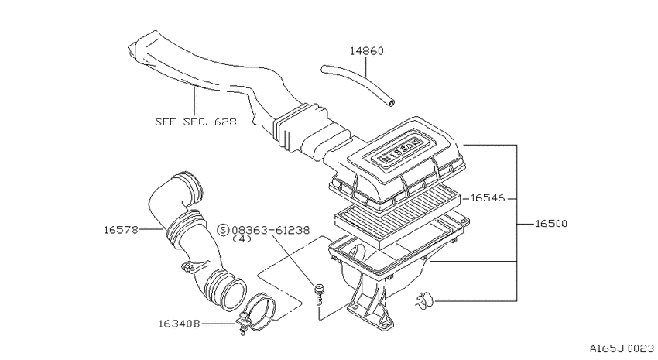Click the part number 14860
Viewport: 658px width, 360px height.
[367, 51]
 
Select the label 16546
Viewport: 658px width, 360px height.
[487, 197]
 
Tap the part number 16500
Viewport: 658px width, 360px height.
[551, 224]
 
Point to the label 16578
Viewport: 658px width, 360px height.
[121, 229]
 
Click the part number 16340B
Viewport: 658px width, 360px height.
[179, 324]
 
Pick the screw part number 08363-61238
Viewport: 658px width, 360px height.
[271, 230]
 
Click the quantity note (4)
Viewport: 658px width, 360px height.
[242, 238]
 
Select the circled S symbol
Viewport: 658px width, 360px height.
[223, 230]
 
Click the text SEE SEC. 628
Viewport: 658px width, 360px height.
[196, 122]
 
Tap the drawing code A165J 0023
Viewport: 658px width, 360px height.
[622, 348]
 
